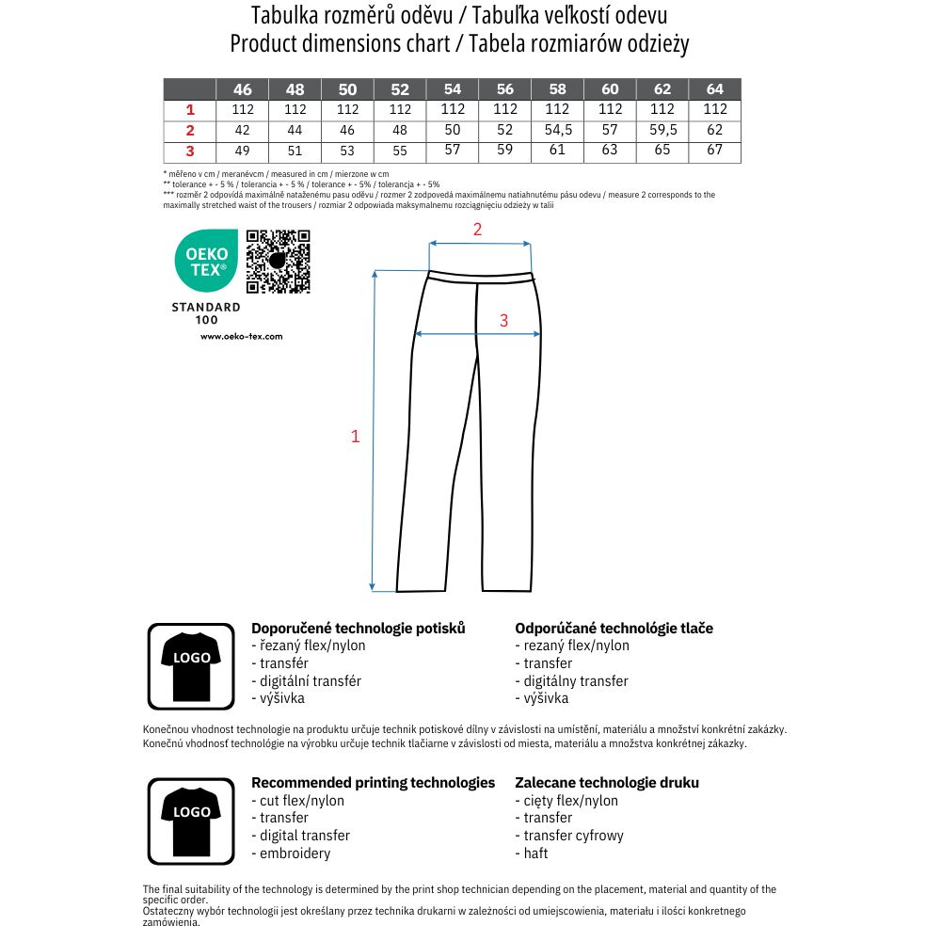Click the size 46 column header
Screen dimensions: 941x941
pyautogui.click(x=243, y=89)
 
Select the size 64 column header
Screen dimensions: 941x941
pyautogui.click(x=715, y=89)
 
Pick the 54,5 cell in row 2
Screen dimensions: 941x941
pyautogui.click(x=558, y=130)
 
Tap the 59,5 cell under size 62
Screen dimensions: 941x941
pyautogui.click(x=662, y=130)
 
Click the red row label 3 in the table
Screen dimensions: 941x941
pyautogui.click(x=190, y=151)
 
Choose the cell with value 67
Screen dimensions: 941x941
pyautogui.click(x=715, y=151)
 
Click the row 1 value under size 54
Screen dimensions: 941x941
pyautogui.click(x=453, y=110)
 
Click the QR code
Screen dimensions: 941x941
pyautogui.click(x=279, y=261)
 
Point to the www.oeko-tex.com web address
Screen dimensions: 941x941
pyautogui.click(x=242, y=336)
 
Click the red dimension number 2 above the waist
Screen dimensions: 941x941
pyautogui.click(x=477, y=229)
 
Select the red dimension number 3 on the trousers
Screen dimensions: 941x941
pyautogui.click(x=503, y=321)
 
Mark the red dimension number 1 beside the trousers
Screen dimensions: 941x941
pyautogui.click(x=355, y=437)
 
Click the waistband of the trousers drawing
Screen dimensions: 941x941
pyautogui.click(x=480, y=277)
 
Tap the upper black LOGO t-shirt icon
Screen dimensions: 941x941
pyautogui.click(x=191, y=665)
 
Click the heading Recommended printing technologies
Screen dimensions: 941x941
pyautogui.click(x=373, y=783)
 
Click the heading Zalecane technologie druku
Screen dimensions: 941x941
pyautogui.click(x=607, y=783)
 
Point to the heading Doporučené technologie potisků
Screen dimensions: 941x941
pyautogui.click(x=358, y=629)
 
